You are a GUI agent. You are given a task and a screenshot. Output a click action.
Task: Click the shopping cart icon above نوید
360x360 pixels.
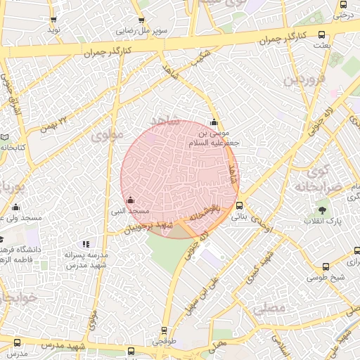coord(53,19)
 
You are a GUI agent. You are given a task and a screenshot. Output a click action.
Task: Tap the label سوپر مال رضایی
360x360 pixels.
coord(141,31)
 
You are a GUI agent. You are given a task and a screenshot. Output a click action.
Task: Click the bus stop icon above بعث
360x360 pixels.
coord(322,34)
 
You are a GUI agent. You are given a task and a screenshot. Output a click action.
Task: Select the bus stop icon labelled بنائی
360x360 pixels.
coord(240,206)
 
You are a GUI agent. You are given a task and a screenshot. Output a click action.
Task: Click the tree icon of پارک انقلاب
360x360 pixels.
coord(323,210)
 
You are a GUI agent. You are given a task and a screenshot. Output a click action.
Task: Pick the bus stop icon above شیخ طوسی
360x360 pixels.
coord(326,267)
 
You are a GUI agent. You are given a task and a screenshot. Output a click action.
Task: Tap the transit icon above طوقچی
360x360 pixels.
coord(165,330)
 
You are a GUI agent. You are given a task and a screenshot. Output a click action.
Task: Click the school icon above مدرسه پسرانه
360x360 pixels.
coord(86,244)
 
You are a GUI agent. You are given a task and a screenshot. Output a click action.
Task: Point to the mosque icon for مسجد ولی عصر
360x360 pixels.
coord(15,207)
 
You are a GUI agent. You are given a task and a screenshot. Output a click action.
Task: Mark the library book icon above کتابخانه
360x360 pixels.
coord(5,136)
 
